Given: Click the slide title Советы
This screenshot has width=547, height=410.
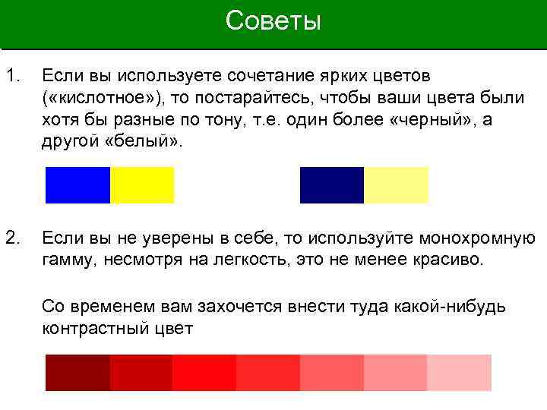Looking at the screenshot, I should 273,21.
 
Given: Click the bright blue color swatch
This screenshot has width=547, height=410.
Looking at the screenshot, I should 77,185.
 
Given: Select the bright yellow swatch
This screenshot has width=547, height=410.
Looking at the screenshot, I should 142,185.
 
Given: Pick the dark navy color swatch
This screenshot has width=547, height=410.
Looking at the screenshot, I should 332,185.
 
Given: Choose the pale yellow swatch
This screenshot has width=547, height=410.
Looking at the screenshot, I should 397,185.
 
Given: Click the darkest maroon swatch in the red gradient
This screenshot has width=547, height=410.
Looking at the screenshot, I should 77,373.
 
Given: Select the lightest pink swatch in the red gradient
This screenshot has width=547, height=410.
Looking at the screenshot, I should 460,373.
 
